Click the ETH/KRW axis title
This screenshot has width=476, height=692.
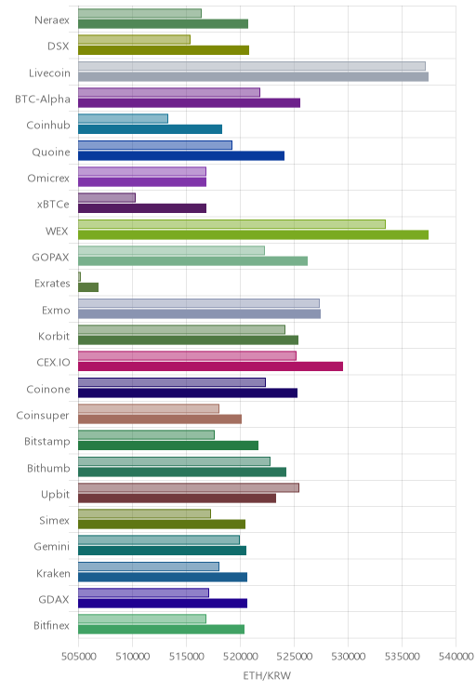(x=267, y=675)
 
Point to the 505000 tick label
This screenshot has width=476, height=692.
(x=78, y=657)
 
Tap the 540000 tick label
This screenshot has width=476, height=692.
(x=456, y=657)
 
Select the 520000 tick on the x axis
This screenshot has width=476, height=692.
(x=241, y=657)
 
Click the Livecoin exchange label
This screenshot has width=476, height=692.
(x=49, y=73)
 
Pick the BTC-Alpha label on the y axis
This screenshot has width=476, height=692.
(x=43, y=99)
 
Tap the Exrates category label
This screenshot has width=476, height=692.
(x=52, y=284)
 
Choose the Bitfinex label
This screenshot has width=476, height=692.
(x=52, y=625)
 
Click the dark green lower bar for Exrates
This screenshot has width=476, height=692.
(x=88, y=287)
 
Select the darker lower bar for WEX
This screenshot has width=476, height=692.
(x=253, y=234)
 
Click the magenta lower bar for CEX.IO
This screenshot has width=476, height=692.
(x=210, y=366)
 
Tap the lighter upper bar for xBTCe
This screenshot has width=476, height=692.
(x=107, y=198)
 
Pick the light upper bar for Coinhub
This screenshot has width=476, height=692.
(x=123, y=119)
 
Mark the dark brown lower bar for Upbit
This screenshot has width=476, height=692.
(x=177, y=499)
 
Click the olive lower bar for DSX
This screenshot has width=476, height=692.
(x=164, y=50)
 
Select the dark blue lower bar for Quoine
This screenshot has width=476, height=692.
(x=181, y=155)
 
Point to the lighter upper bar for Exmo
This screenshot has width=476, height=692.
(x=199, y=303)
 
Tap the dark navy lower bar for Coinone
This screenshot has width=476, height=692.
(x=188, y=393)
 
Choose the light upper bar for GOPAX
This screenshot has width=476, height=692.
(x=172, y=251)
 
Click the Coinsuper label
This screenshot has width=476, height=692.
(x=43, y=415)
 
